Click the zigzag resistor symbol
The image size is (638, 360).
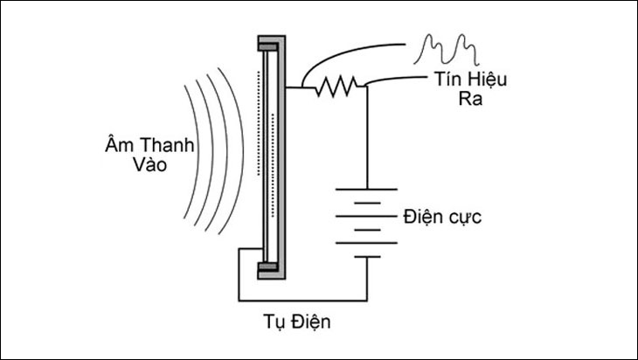click(336, 85)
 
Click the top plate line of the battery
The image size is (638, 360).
click(367, 186)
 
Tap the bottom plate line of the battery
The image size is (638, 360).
click(367, 256)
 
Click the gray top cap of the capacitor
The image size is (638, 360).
click(271, 41)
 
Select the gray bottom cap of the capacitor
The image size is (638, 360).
click(270, 270)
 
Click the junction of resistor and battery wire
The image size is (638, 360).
click(367, 85)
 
